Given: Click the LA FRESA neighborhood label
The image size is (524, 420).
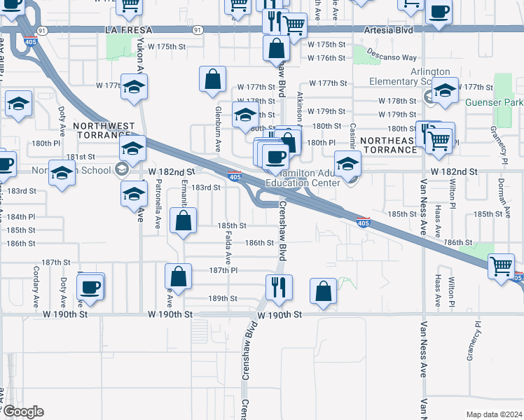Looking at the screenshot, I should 124,31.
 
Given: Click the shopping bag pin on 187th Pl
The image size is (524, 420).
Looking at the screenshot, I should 178,276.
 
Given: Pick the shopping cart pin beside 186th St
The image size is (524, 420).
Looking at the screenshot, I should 502,266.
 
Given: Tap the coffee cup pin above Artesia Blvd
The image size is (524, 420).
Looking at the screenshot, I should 439,13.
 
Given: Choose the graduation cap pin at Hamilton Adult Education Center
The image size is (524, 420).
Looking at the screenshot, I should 346,164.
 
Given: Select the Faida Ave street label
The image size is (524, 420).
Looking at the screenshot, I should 229,248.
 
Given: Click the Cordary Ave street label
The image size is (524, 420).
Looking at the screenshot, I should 35,283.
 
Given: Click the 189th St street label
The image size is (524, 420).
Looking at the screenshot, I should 223,298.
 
